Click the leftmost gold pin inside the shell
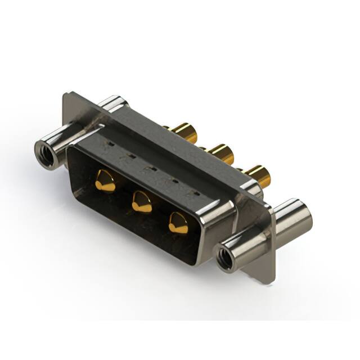pyautogui.click(x=105, y=181)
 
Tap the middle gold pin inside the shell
pyautogui.click(x=142, y=201)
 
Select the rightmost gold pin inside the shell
pyautogui.click(x=179, y=223)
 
